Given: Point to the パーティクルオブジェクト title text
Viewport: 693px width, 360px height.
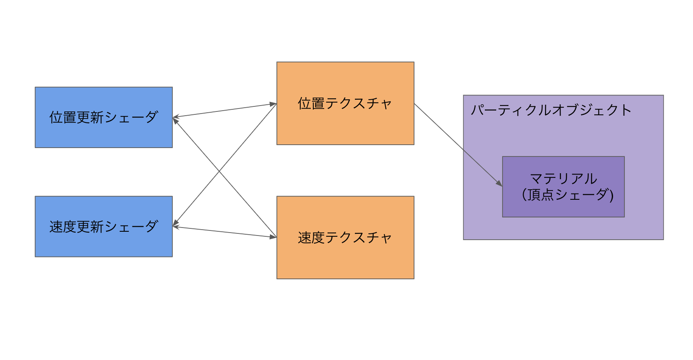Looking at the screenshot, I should click(x=550, y=110).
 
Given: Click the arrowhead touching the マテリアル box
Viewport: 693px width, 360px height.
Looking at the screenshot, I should click(x=499, y=183).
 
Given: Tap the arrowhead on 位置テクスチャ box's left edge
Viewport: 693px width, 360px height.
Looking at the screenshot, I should click(x=273, y=103).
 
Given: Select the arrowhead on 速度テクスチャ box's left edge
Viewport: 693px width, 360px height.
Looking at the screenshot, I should click(x=273, y=237).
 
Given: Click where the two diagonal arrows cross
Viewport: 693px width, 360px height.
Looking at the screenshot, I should click(x=219, y=171).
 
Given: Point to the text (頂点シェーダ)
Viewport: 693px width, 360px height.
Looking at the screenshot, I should click(x=567, y=195).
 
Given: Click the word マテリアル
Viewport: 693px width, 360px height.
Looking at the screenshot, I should click(x=563, y=179).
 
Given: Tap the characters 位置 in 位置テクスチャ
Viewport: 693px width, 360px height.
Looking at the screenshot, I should click(x=311, y=103).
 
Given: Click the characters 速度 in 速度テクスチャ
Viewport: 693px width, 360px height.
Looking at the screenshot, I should click(x=311, y=238).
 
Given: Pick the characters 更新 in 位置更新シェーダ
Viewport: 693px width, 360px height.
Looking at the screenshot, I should click(x=90, y=117).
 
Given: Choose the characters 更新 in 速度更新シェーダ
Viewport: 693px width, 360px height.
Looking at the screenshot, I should click(x=90, y=227).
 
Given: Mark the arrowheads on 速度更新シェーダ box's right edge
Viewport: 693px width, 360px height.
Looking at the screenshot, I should click(x=176, y=225).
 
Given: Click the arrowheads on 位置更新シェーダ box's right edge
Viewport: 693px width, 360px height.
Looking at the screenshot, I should click(x=176, y=118).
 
